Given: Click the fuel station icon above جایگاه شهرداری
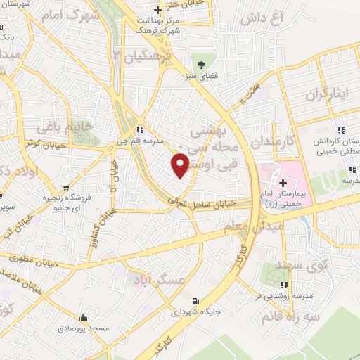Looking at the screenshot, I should [205, 299].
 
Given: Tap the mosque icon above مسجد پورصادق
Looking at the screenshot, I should [84, 317].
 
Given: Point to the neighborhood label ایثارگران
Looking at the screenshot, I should [328, 94].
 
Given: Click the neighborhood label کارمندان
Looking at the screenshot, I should [269, 131].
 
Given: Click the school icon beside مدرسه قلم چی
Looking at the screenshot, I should [141, 130].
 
